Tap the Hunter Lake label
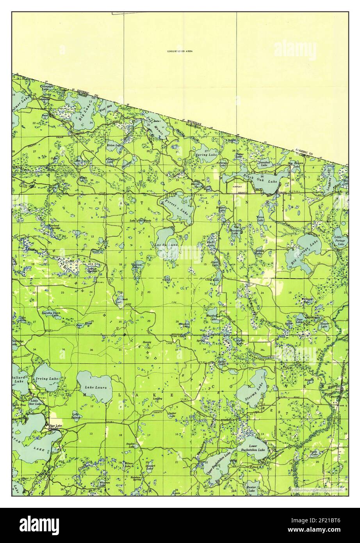(250, 489)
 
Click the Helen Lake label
(115, 146)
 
